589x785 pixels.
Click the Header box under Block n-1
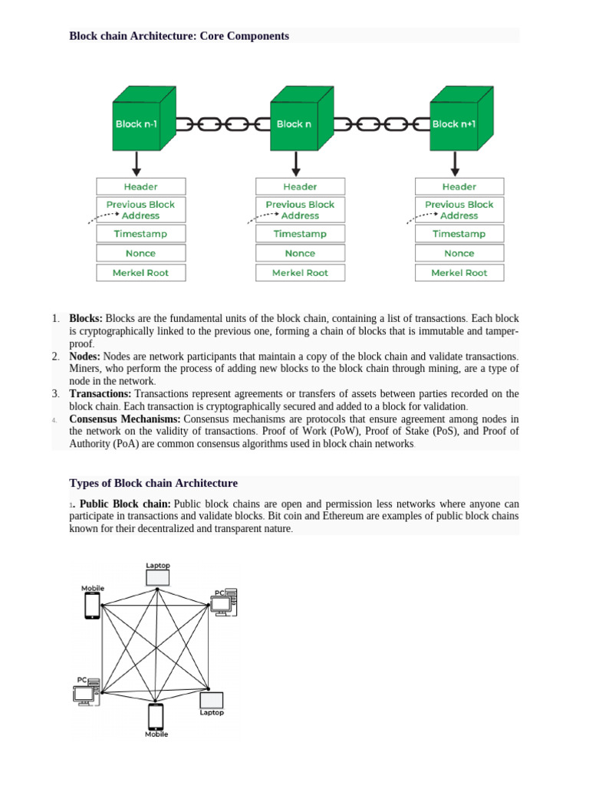140,186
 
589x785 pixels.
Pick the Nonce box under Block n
300,253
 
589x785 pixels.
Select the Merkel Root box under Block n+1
459,272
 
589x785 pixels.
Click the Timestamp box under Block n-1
140,234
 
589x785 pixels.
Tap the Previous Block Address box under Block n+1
459,210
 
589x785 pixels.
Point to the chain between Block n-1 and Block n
222,124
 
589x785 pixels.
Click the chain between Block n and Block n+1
380,124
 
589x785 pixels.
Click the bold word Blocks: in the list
86,318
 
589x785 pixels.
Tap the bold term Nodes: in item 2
85,356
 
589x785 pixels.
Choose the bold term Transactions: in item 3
100,394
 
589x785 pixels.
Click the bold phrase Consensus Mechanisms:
125,419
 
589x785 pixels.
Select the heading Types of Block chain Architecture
153,483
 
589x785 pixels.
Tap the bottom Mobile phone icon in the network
156,716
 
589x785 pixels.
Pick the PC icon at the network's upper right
225,603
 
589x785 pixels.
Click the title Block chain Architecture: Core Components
179,36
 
